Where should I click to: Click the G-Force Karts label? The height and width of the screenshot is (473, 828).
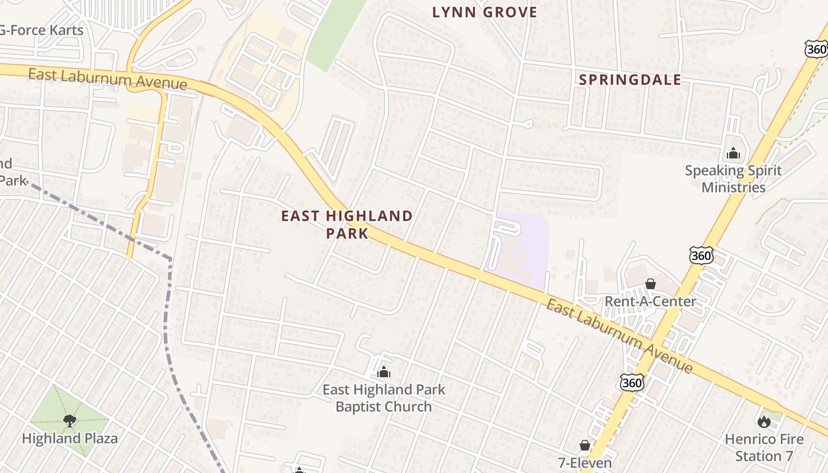(43, 30)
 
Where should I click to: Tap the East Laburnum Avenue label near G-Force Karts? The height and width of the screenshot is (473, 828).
(108, 79)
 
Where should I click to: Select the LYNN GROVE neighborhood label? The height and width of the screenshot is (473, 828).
(484, 12)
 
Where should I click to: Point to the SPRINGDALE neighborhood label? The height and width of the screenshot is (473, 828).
(629, 80)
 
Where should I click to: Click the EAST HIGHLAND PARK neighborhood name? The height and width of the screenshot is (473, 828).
(347, 224)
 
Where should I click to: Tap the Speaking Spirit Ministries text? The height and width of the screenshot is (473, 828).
(733, 179)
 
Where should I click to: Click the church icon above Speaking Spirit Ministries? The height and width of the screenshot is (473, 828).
(733, 154)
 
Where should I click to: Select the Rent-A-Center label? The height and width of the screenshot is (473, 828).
(650, 302)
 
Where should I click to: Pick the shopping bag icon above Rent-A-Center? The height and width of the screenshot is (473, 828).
(651, 284)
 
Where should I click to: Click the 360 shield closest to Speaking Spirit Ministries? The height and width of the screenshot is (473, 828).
(701, 255)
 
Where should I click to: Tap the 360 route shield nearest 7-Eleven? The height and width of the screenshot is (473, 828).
(632, 383)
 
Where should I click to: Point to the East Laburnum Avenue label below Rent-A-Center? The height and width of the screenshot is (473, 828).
(619, 336)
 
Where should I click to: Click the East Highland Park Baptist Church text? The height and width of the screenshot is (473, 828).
(384, 398)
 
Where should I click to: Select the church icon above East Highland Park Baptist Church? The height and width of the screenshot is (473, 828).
(384, 372)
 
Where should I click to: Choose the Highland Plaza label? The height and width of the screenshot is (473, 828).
(70, 438)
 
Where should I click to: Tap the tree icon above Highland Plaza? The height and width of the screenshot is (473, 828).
(70, 420)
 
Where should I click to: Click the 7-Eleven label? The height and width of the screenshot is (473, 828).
(584, 462)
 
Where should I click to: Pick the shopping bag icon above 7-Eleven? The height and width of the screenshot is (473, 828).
(585, 445)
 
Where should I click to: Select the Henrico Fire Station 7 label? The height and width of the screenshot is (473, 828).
(764, 448)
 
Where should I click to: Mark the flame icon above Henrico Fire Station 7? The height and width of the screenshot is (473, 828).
(764, 422)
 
